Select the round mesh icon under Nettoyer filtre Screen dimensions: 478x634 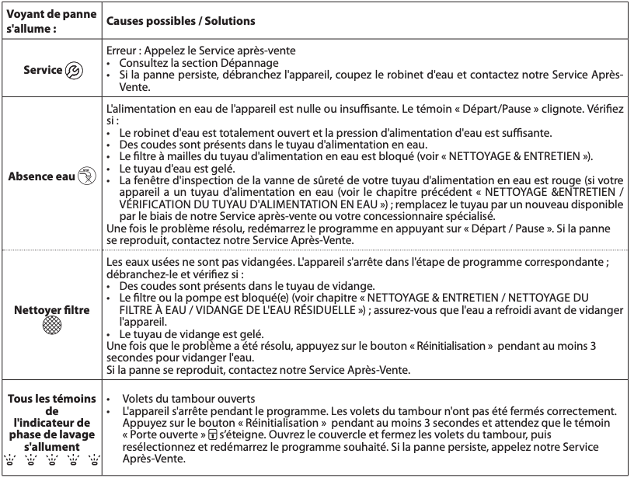[x=51, y=325]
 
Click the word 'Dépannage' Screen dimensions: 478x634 [x=253, y=62]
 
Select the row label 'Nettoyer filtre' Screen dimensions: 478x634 [x=51, y=309]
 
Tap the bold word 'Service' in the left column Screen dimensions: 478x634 [x=43, y=69]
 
